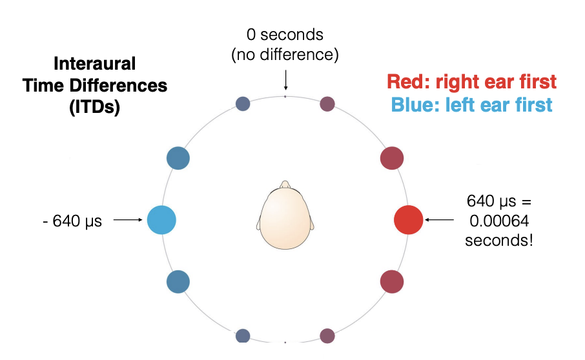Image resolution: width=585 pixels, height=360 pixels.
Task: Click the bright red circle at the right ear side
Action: point(408,219)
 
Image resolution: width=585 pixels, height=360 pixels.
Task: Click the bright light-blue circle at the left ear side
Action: point(161,219)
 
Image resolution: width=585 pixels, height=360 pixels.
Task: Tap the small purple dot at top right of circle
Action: point(327,103)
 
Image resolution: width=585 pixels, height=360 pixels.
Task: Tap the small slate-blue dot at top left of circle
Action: point(243,103)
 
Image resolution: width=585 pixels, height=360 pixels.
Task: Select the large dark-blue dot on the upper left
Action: point(178,158)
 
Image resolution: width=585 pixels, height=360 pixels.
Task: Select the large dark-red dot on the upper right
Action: point(392,158)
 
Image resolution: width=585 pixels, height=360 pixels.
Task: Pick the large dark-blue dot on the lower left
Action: point(178,281)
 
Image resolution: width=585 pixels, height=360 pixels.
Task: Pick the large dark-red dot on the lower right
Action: point(392,281)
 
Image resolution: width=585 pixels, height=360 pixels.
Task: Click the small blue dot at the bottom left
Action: point(243,335)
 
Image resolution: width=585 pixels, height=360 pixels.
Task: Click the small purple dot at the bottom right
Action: point(327,335)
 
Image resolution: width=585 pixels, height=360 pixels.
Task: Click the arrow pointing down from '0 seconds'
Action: point(285,81)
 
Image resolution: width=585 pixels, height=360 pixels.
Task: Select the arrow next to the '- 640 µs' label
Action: point(128,220)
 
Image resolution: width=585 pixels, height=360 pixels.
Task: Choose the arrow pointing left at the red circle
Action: point(440,220)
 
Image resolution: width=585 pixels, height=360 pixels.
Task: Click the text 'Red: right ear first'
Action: point(471,82)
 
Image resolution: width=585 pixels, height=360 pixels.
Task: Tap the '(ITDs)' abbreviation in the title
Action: point(94,107)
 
